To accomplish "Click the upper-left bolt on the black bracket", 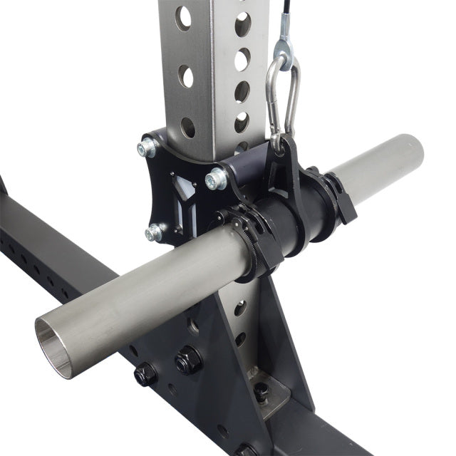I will click(x=148, y=147).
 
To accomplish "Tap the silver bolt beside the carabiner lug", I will click(x=215, y=179).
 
